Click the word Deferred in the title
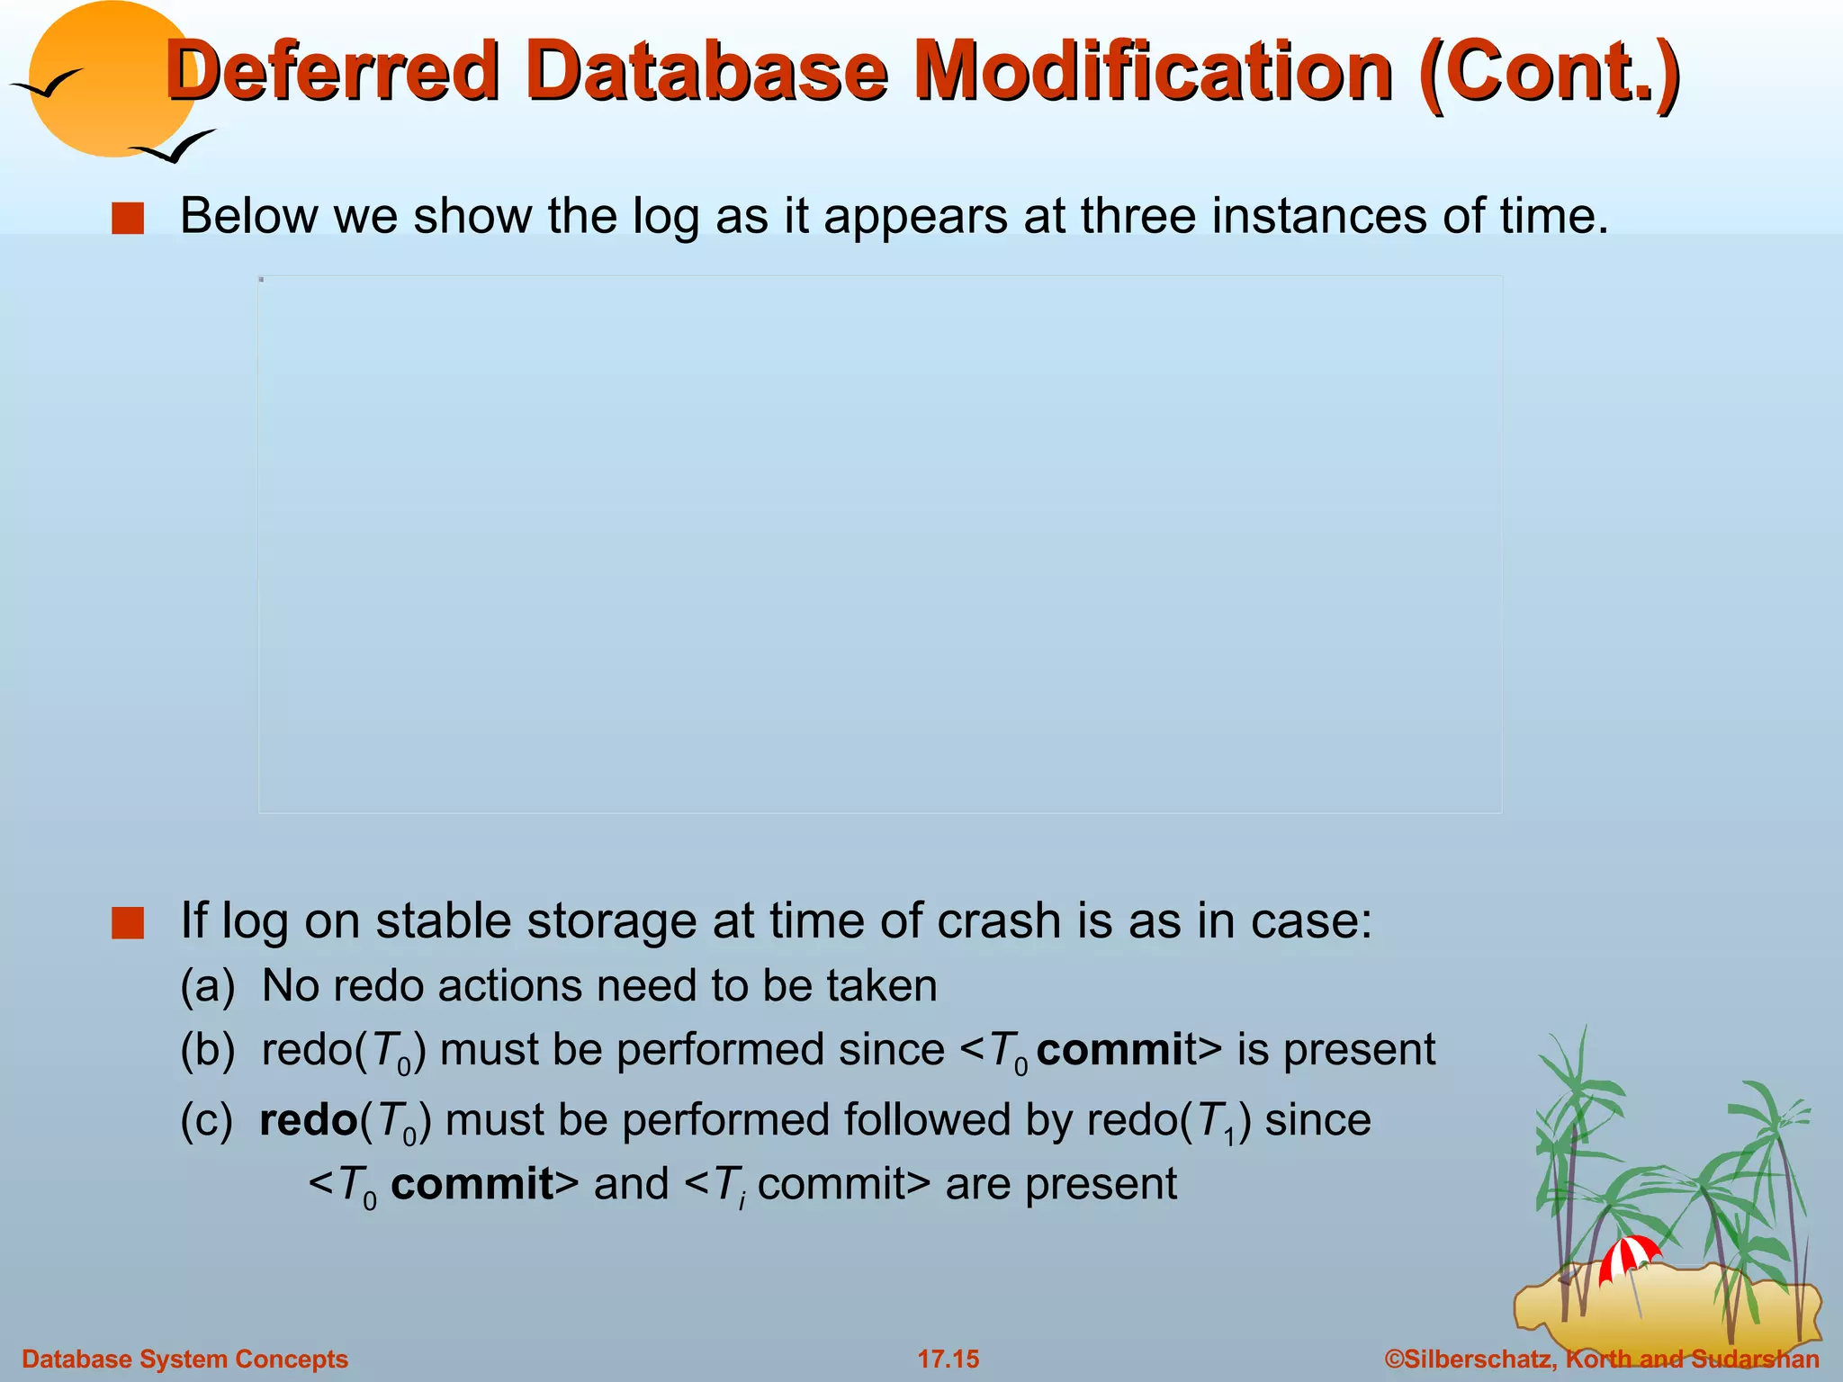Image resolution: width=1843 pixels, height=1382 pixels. [333, 72]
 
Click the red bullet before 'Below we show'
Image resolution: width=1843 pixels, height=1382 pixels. [128, 219]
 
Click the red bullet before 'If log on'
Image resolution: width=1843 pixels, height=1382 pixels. [128, 923]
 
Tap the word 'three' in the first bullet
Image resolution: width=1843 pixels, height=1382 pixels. [1137, 217]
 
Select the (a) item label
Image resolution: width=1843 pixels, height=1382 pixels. [207, 986]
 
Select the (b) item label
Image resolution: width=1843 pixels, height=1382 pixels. [207, 1051]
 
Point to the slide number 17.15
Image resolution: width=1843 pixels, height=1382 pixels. [948, 1359]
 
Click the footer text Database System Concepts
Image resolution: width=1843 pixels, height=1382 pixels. [184, 1359]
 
